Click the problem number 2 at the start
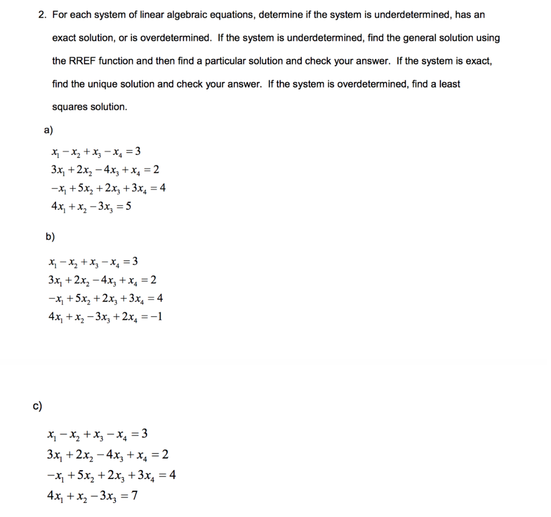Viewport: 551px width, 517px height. coord(41,15)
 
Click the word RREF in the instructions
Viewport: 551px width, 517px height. coord(81,61)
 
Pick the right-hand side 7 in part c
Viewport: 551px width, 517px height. coord(135,496)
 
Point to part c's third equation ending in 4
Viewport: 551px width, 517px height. coord(112,476)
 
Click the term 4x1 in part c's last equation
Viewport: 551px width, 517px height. coord(56,496)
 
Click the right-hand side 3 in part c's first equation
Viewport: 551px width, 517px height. coord(144,434)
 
